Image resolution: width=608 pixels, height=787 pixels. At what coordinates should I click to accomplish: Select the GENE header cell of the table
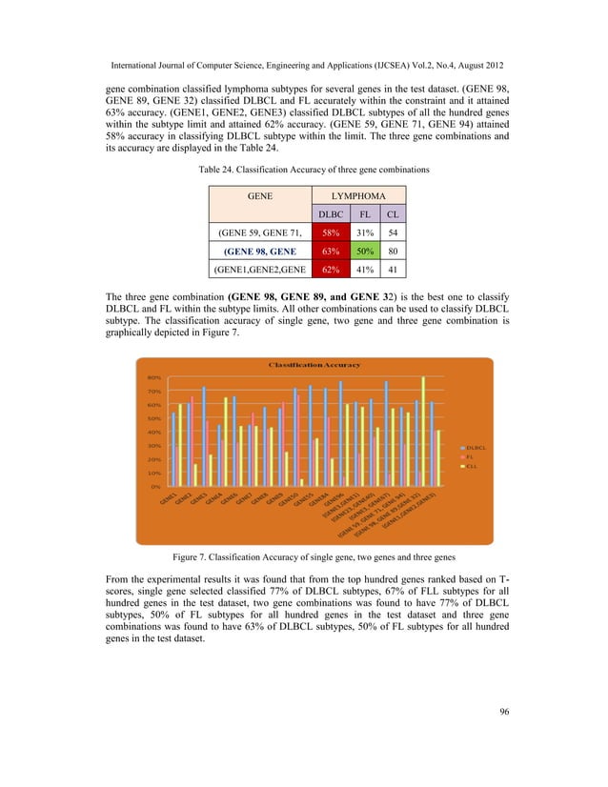(x=260, y=193)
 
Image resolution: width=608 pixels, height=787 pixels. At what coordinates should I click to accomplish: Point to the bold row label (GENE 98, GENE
(x=260, y=252)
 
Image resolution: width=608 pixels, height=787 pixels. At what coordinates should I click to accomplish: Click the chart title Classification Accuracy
(x=314, y=365)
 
